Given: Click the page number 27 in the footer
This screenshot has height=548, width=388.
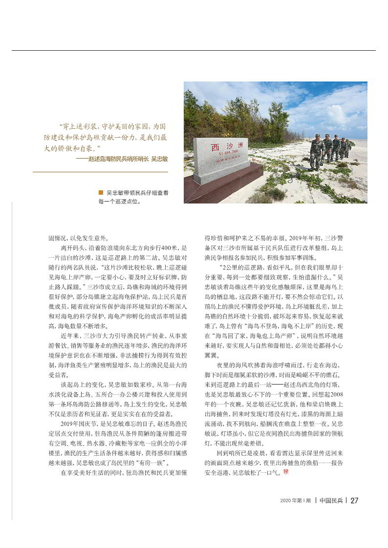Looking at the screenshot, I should pyautogui.click(x=355, y=500).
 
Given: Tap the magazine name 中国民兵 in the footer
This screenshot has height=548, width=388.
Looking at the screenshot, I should pyautogui.click(x=330, y=500).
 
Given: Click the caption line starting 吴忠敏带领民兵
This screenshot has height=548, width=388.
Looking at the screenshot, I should pyautogui.click(x=137, y=193).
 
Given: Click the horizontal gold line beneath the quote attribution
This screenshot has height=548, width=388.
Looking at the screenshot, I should pyautogui.click(x=100, y=172).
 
